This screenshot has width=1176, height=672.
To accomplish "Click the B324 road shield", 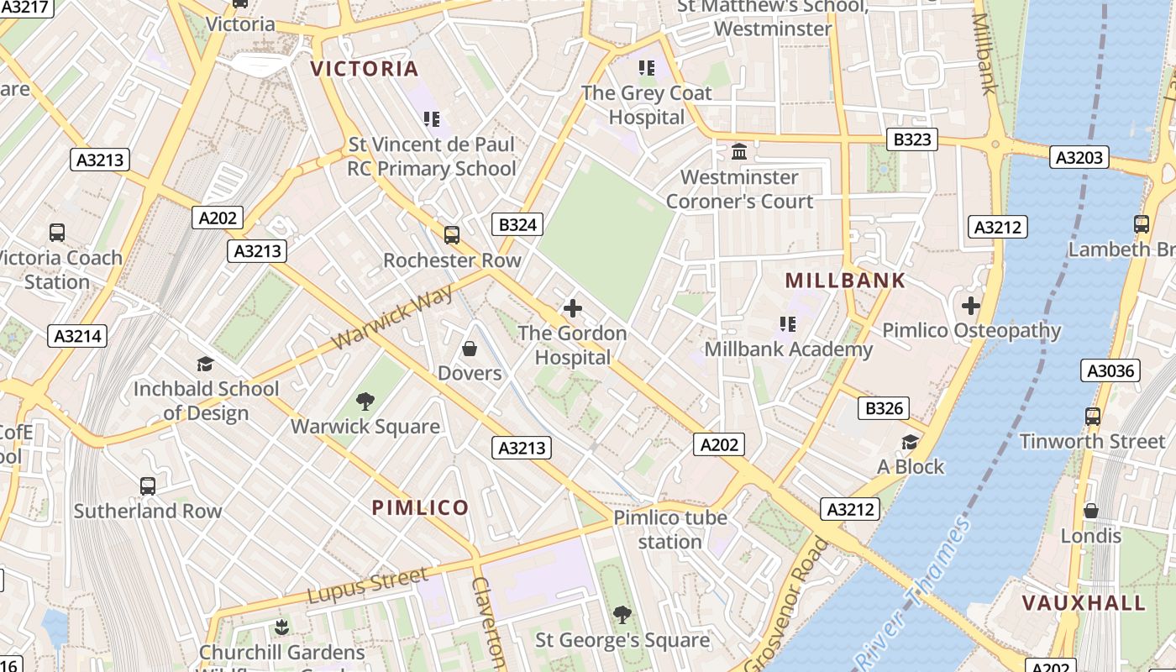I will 517,224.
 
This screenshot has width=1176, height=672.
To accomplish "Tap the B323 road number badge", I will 911,139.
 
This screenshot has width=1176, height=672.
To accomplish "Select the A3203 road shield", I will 1079,157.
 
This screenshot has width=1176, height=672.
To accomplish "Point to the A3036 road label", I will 1110,370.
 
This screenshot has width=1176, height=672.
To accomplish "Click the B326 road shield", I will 885,409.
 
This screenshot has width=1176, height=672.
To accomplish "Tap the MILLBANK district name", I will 845,281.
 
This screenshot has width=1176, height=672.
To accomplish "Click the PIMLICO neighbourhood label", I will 420,507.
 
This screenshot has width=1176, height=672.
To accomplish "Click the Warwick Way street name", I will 392,317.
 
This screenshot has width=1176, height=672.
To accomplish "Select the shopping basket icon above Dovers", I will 470,348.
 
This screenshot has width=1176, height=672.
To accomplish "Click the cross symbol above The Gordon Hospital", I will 573,308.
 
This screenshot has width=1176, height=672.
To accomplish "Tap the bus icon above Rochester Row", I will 452,235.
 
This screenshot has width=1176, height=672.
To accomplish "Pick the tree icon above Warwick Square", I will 365,402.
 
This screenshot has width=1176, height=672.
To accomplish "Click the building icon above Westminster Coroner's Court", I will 739,152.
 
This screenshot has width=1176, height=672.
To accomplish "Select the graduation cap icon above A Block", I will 910,442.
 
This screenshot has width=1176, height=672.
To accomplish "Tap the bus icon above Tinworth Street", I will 1092,416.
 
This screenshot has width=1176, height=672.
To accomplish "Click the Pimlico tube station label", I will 669,529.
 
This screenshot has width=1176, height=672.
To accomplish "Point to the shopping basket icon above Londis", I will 1090,511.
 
